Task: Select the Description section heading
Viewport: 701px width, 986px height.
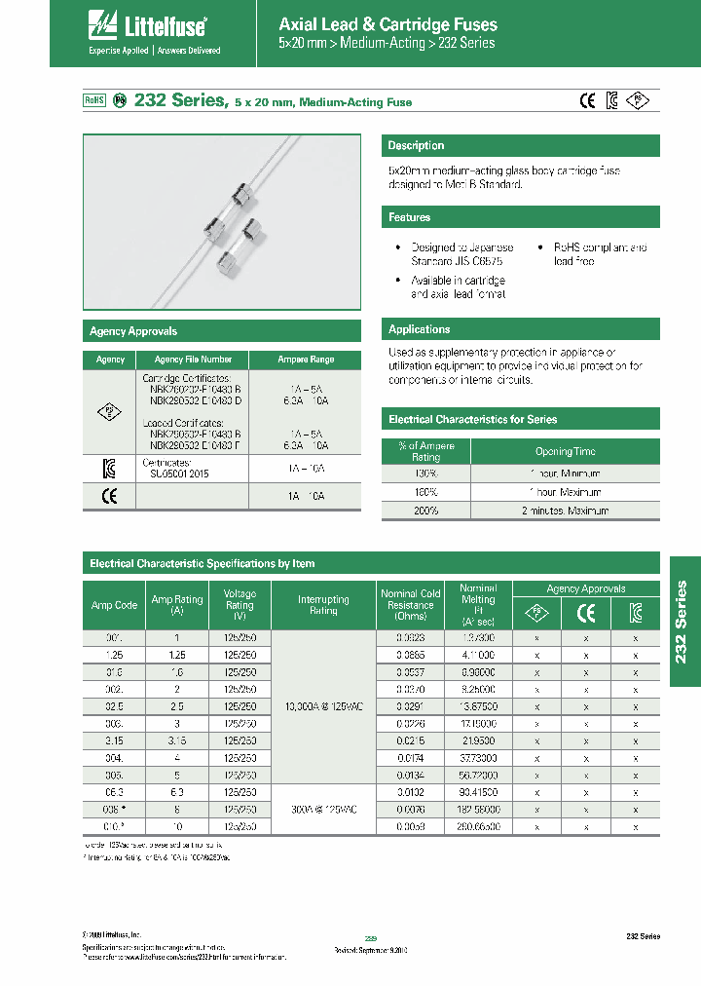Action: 416,146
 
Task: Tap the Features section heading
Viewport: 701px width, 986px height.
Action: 410,217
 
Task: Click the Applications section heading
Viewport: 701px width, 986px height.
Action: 420,329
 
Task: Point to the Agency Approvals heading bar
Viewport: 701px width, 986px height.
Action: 133,331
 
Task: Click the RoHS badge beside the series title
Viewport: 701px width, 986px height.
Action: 93,100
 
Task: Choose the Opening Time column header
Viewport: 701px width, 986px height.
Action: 565,451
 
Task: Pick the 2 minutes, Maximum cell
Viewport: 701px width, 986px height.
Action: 565,511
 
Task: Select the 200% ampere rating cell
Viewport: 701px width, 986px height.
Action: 425,511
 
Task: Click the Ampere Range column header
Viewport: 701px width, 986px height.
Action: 305,360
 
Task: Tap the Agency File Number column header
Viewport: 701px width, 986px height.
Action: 193,360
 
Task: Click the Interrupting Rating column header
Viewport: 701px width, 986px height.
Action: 323,605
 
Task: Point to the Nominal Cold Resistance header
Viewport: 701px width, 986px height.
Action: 410,604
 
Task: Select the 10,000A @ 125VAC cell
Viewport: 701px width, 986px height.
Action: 323,705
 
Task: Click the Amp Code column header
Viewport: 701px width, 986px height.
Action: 115,605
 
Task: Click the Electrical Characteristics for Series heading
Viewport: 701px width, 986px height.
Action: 473,420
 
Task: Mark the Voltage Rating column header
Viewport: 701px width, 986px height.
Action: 240,605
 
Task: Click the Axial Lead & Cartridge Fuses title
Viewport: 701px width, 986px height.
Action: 387,24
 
